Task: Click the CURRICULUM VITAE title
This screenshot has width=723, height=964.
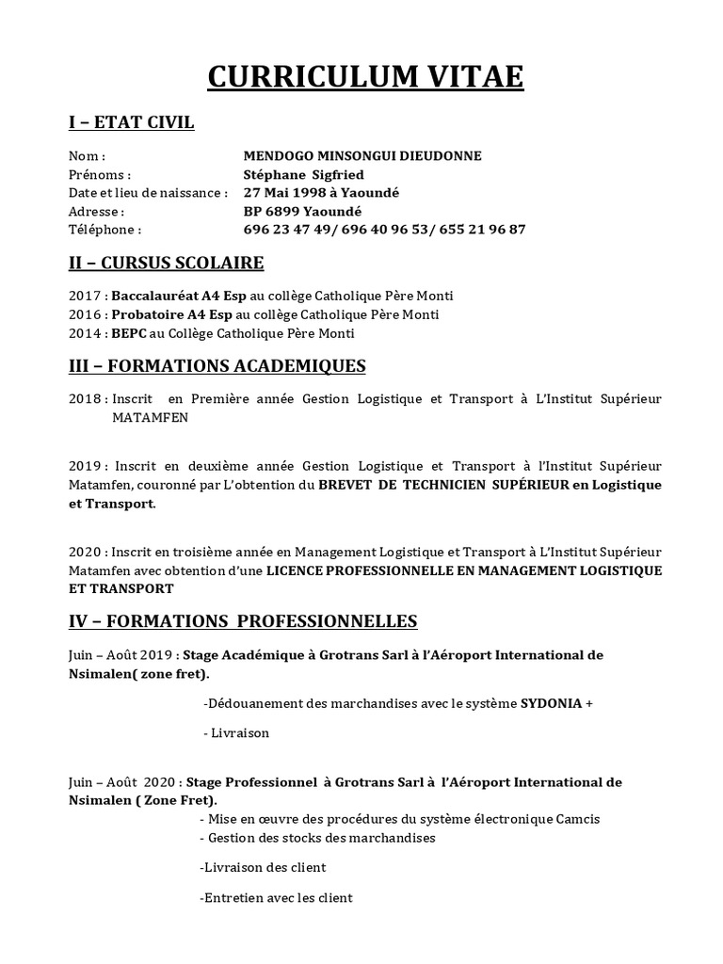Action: tap(365, 77)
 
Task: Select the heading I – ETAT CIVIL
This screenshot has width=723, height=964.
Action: tap(132, 122)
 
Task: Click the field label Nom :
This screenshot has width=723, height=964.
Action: tap(87, 156)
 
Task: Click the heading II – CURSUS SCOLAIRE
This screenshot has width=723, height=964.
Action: tap(167, 262)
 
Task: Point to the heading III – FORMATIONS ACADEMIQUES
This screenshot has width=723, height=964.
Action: tap(217, 365)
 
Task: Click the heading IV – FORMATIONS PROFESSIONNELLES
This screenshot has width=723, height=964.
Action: tap(243, 621)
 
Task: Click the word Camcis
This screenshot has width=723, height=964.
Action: tap(577, 819)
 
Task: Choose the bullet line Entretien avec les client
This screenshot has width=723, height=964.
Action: tap(277, 898)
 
